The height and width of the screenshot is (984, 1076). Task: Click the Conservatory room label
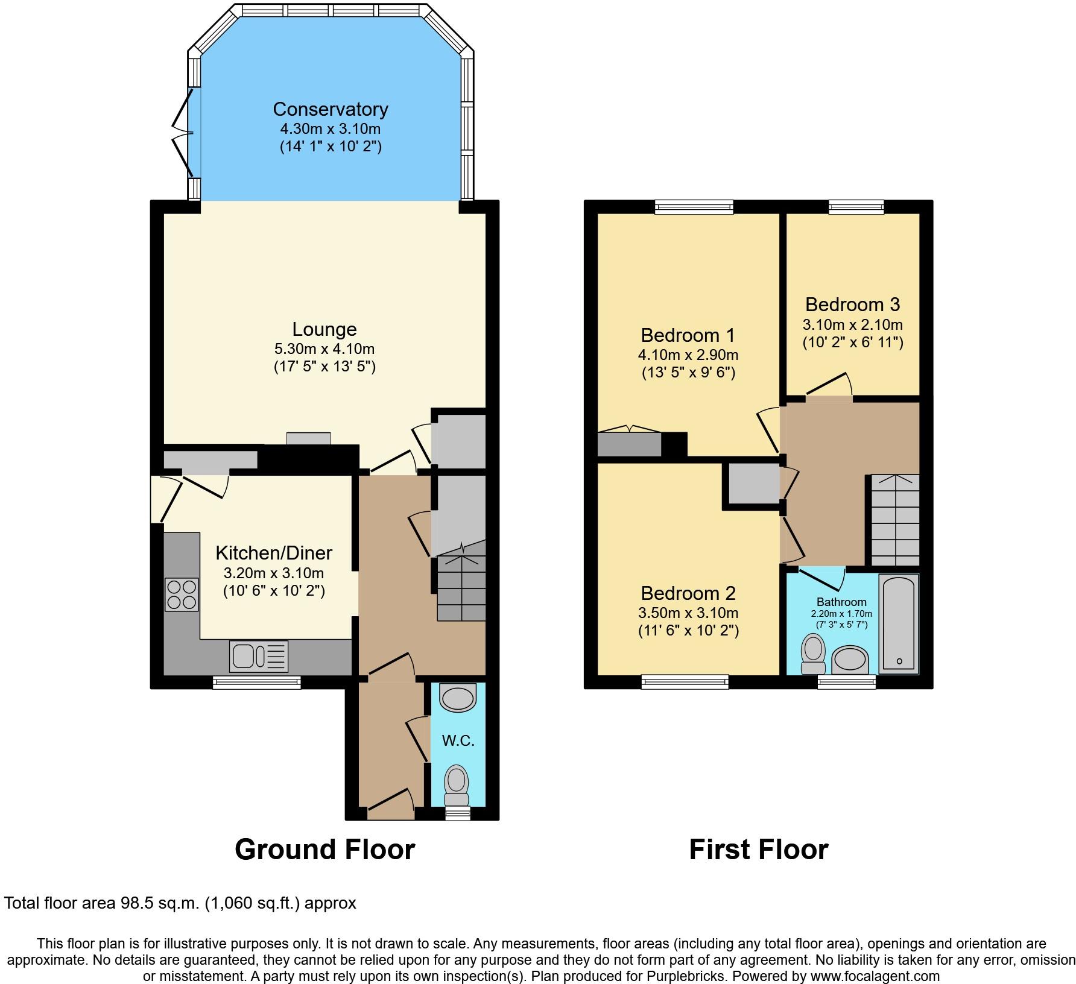coord(330,109)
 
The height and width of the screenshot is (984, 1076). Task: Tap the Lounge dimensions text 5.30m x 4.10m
coord(324,348)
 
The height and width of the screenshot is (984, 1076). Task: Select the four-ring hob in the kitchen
coord(182,594)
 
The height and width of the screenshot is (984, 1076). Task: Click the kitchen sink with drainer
coord(259,656)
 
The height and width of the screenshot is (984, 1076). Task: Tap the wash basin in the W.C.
coord(458,698)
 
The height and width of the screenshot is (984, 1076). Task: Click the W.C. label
coord(458,740)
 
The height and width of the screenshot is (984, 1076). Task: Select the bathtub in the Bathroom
coord(899,623)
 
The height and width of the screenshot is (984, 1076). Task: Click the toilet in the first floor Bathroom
coord(814,654)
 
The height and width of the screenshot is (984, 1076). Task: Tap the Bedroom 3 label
coord(852,304)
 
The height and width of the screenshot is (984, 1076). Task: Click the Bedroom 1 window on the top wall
coord(694,207)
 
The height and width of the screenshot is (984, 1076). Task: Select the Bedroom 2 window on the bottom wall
coord(685,682)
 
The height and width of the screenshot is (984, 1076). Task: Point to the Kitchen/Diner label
coord(274,552)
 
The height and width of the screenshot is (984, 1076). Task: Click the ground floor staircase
coord(461,581)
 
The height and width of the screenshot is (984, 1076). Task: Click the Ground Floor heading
coord(325,850)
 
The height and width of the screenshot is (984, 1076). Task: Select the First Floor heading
coord(759,850)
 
